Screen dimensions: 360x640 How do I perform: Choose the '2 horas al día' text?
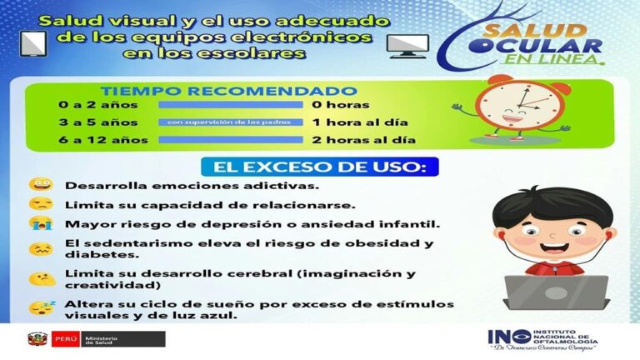click(x=363, y=139)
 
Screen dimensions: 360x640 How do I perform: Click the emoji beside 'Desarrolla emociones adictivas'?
click(x=40, y=185)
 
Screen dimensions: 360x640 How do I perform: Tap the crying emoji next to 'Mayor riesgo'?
click(x=40, y=224)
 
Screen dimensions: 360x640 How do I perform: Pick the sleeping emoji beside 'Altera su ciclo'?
click(x=41, y=307)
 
